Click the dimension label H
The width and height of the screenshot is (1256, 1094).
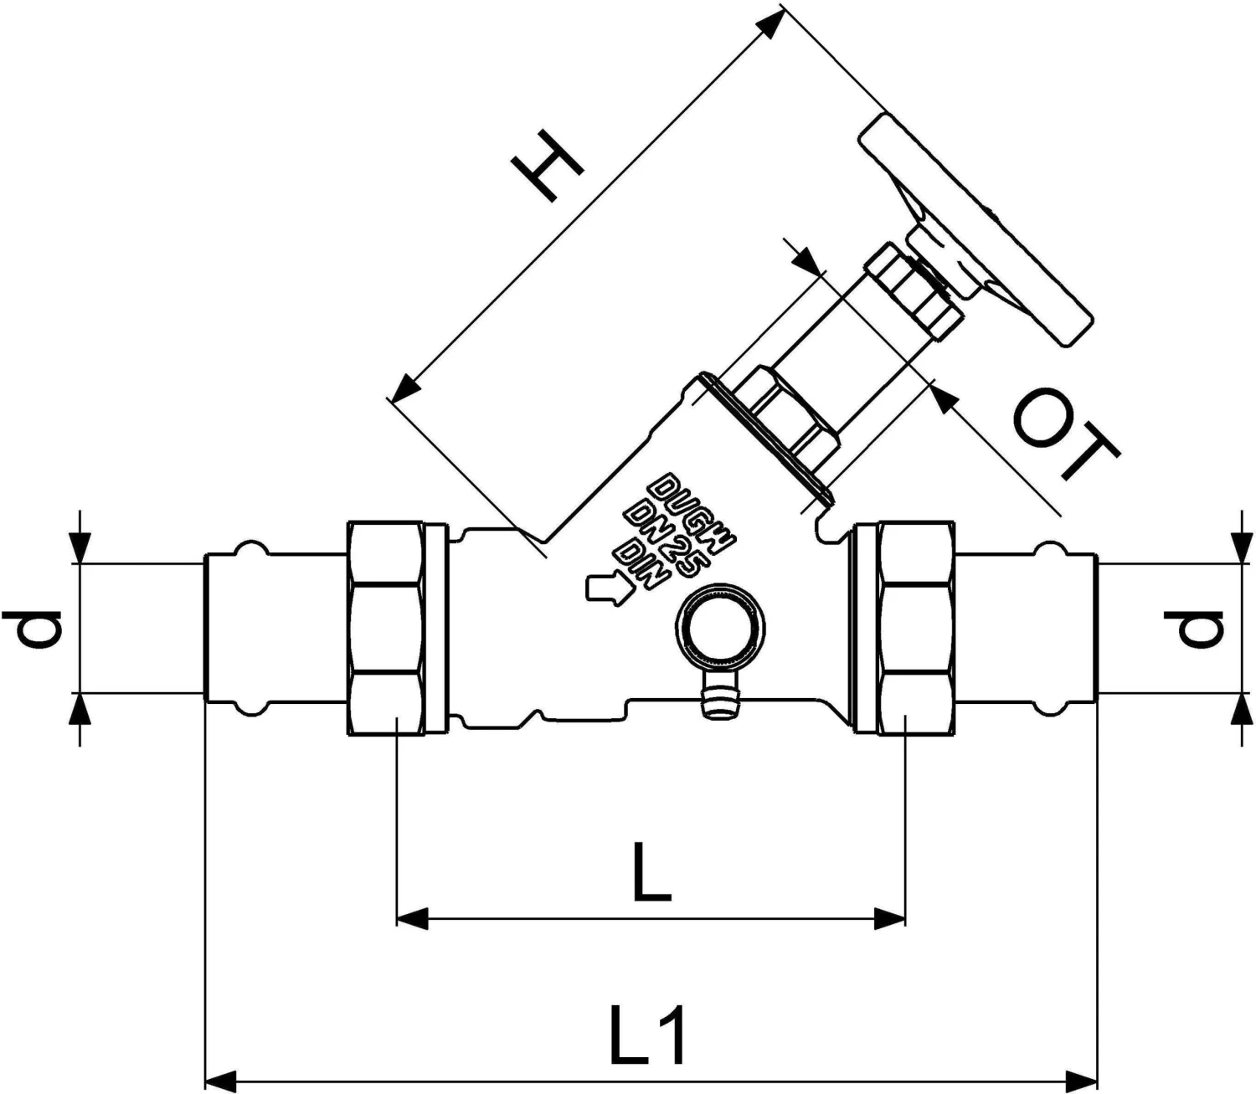549,171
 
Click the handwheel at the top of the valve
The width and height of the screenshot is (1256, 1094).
975,230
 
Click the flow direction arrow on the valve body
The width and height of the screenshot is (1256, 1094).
609,588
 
